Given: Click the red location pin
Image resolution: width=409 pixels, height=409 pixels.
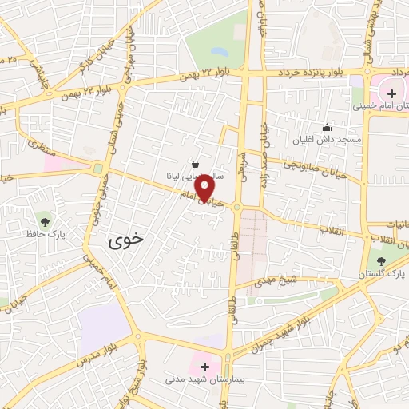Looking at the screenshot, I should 205,188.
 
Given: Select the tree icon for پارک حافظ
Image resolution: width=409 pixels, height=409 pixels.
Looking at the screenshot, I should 43,221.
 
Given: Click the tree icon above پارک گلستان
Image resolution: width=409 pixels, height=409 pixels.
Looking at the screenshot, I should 381,260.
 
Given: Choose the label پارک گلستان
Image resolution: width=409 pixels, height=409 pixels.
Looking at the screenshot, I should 382,273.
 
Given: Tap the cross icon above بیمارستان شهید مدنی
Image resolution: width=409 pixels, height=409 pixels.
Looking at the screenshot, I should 205,367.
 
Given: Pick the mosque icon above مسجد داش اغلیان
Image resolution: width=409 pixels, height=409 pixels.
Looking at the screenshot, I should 326,127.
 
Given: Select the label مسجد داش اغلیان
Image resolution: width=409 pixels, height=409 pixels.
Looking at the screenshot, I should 328,140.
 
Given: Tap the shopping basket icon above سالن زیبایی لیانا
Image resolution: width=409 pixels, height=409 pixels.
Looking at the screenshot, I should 196,163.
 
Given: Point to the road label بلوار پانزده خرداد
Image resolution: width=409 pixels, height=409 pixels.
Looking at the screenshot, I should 314,73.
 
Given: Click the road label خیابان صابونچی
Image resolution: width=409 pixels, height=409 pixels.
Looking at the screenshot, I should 320,166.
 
